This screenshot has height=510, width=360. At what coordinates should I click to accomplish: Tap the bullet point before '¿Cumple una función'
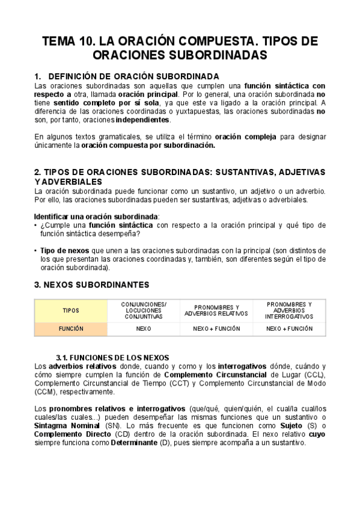[x=36, y=225]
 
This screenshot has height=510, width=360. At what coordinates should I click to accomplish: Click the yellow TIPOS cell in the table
[x=71, y=310]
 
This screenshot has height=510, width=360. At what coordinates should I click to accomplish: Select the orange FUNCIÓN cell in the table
[x=71, y=329]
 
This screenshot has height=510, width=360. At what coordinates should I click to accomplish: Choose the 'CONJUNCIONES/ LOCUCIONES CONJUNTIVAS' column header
[x=144, y=310]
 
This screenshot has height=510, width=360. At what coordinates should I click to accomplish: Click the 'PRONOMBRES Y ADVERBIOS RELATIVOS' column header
[x=216, y=310]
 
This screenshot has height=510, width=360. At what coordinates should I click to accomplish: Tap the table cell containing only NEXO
[x=144, y=329]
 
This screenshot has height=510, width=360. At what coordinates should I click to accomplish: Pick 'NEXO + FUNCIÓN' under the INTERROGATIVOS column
[x=289, y=329]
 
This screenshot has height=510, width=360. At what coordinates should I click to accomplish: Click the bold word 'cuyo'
[x=317, y=434]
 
